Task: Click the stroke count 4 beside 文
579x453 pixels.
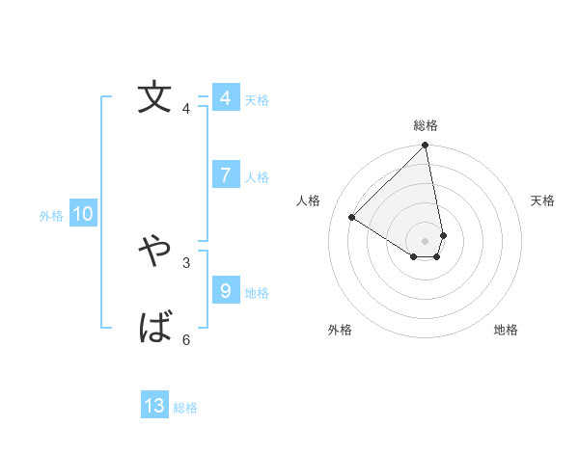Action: coord(186,109)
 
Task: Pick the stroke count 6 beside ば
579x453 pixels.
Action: coord(186,339)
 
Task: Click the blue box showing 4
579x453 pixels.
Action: coord(225,98)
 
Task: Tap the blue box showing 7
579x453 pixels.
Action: coord(225,174)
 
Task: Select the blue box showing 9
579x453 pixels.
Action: coord(225,290)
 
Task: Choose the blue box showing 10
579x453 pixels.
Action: coord(83,214)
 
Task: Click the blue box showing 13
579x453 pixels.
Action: coord(154,406)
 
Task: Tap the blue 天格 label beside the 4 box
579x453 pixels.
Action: coord(257,100)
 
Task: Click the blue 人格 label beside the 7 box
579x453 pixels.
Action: coord(257,177)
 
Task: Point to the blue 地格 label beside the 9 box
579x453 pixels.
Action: coord(257,293)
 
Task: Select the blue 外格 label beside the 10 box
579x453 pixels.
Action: coord(51,217)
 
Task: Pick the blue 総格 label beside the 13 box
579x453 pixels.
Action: coord(185,409)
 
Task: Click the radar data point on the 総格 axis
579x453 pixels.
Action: coord(426,146)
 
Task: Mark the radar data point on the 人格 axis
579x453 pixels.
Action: coord(352,218)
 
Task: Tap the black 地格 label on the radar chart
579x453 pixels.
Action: coord(506,331)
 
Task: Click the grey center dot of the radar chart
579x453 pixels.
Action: coord(425,240)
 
